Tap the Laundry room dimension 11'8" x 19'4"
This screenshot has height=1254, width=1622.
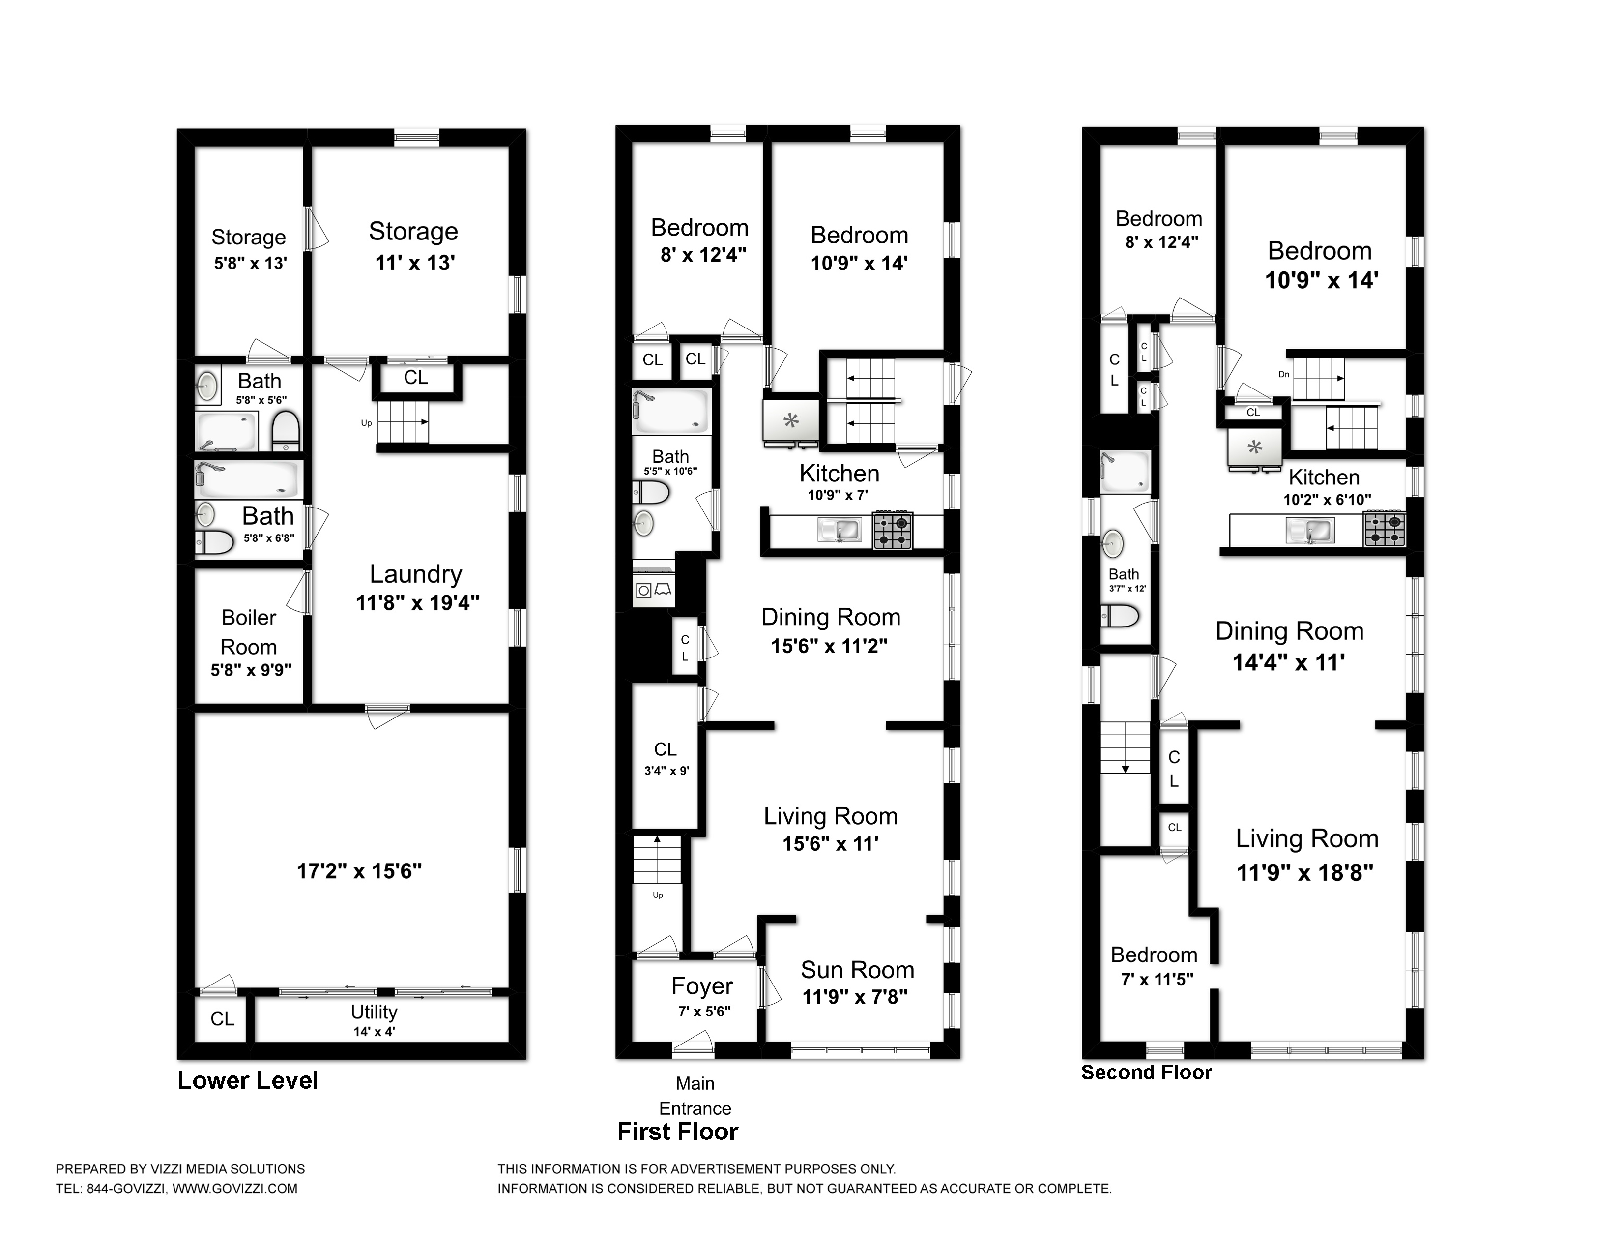(x=417, y=602)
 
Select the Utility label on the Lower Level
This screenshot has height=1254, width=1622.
(x=375, y=1012)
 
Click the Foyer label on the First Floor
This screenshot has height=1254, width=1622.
(x=702, y=986)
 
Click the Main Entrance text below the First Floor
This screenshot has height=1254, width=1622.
(x=695, y=1096)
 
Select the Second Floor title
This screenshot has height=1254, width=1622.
(x=1146, y=1073)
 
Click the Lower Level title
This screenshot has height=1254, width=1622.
(x=247, y=1080)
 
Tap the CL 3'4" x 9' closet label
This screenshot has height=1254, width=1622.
(x=666, y=758)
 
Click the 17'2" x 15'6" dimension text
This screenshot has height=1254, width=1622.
(x=359, y=870)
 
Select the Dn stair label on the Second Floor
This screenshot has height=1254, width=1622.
(x=1283, y=374)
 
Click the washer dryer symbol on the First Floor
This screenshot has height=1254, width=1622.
(x=654, y=590)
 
